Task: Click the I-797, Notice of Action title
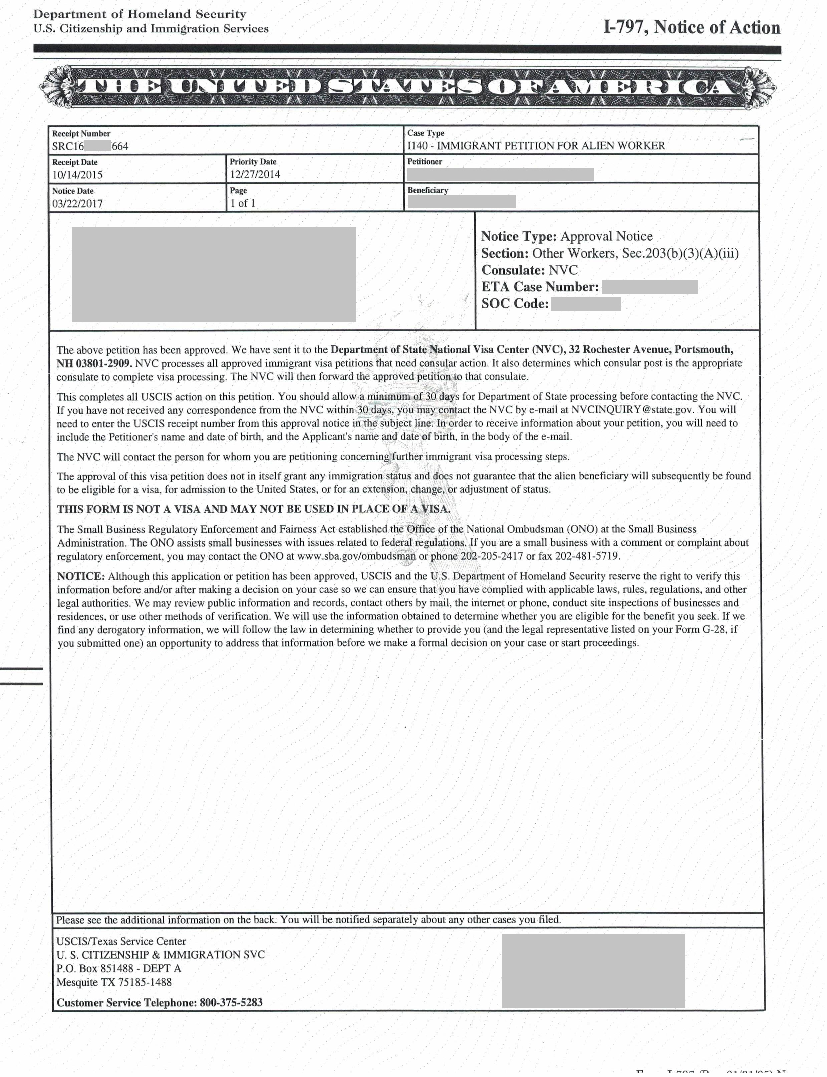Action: click(692, 28)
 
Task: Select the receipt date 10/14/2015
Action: click(78, 174)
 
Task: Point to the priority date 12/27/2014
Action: click(255, 174)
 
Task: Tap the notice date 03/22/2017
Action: click(78, 203)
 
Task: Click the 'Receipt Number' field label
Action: click(81, 133)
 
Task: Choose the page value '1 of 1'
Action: click(243, 203)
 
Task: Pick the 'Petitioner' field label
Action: click(424, 161)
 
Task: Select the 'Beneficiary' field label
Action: click(427, 190)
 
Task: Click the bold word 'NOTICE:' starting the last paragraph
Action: click(81, 576)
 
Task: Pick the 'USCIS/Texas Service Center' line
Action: click(121, 941)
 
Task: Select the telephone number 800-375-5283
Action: click(231, 1002)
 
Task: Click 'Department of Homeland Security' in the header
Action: click(140, 14)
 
